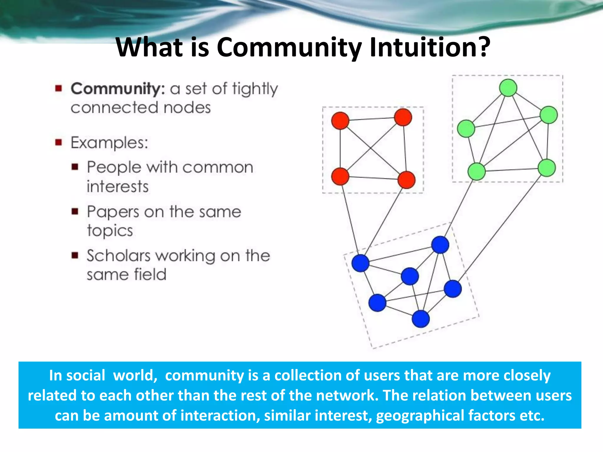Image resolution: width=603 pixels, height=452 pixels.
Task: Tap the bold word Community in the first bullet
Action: (117, 89)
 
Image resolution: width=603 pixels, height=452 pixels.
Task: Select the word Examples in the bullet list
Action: (109, 143)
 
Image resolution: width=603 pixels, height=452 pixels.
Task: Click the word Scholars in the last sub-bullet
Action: (118, 255)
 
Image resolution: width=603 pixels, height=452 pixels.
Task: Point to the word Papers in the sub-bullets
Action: (113, 212)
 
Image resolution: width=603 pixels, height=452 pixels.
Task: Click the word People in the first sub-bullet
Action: (114, 168)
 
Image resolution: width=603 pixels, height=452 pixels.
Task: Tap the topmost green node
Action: (508, 88)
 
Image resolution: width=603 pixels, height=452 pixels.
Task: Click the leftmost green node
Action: (466, 129)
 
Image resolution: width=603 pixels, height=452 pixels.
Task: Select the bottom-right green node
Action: (547, 168)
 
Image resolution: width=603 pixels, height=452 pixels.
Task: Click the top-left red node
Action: (340, 121)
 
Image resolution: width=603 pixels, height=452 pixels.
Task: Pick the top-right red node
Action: (403, 117)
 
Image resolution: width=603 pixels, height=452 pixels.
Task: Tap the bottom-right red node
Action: (406, 180)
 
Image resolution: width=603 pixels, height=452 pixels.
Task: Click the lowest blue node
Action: (421, 319)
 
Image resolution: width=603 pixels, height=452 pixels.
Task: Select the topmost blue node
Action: (440, 245)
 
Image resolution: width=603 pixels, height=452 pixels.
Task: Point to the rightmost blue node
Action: (453, 289)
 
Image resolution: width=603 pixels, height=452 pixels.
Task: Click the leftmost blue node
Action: (360, 263)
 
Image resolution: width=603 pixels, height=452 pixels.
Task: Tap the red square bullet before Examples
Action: (59, 143)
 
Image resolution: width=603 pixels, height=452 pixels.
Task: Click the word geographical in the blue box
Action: (420, 416)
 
